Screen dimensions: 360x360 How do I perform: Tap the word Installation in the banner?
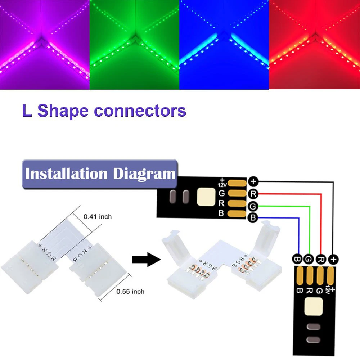point(66,174)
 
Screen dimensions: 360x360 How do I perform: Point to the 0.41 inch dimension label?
point(98,217)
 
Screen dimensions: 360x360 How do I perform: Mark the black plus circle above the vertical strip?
point(334,259)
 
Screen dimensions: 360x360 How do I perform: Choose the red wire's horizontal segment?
point(288,194)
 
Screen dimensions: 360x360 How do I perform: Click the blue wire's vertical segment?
point(298,236)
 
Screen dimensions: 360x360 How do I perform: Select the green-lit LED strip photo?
point(134,44)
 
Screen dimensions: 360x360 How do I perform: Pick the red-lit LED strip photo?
point(314,44)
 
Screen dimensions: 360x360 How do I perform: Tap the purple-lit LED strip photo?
point(45,44)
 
